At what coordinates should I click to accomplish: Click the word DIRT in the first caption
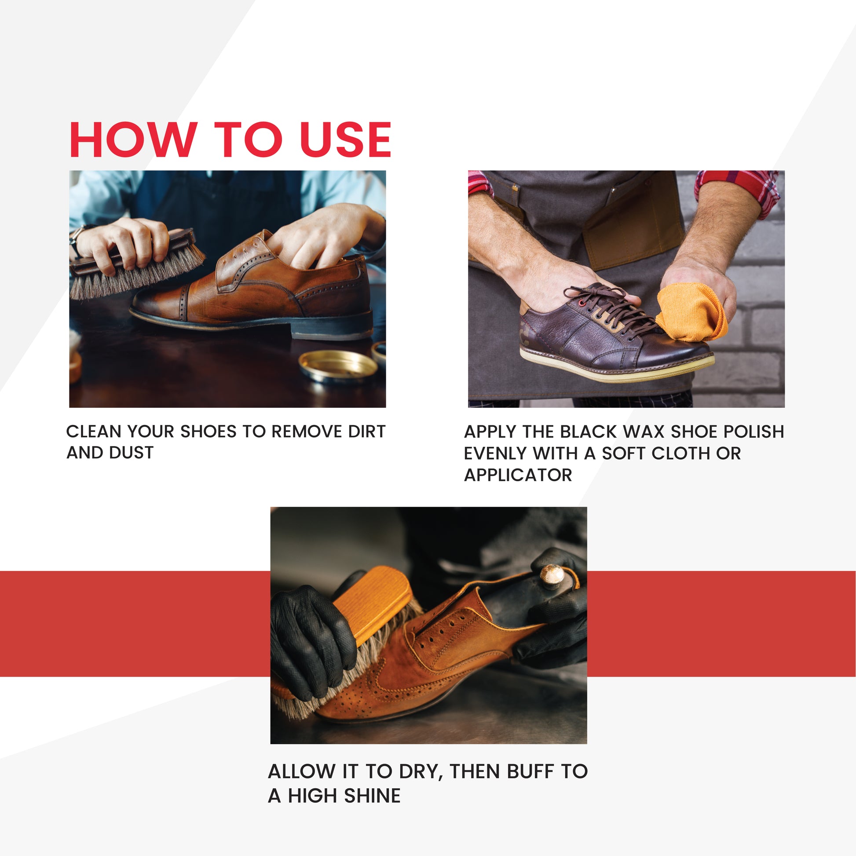tap(367, 432)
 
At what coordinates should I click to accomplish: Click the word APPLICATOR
tap(518, 475)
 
